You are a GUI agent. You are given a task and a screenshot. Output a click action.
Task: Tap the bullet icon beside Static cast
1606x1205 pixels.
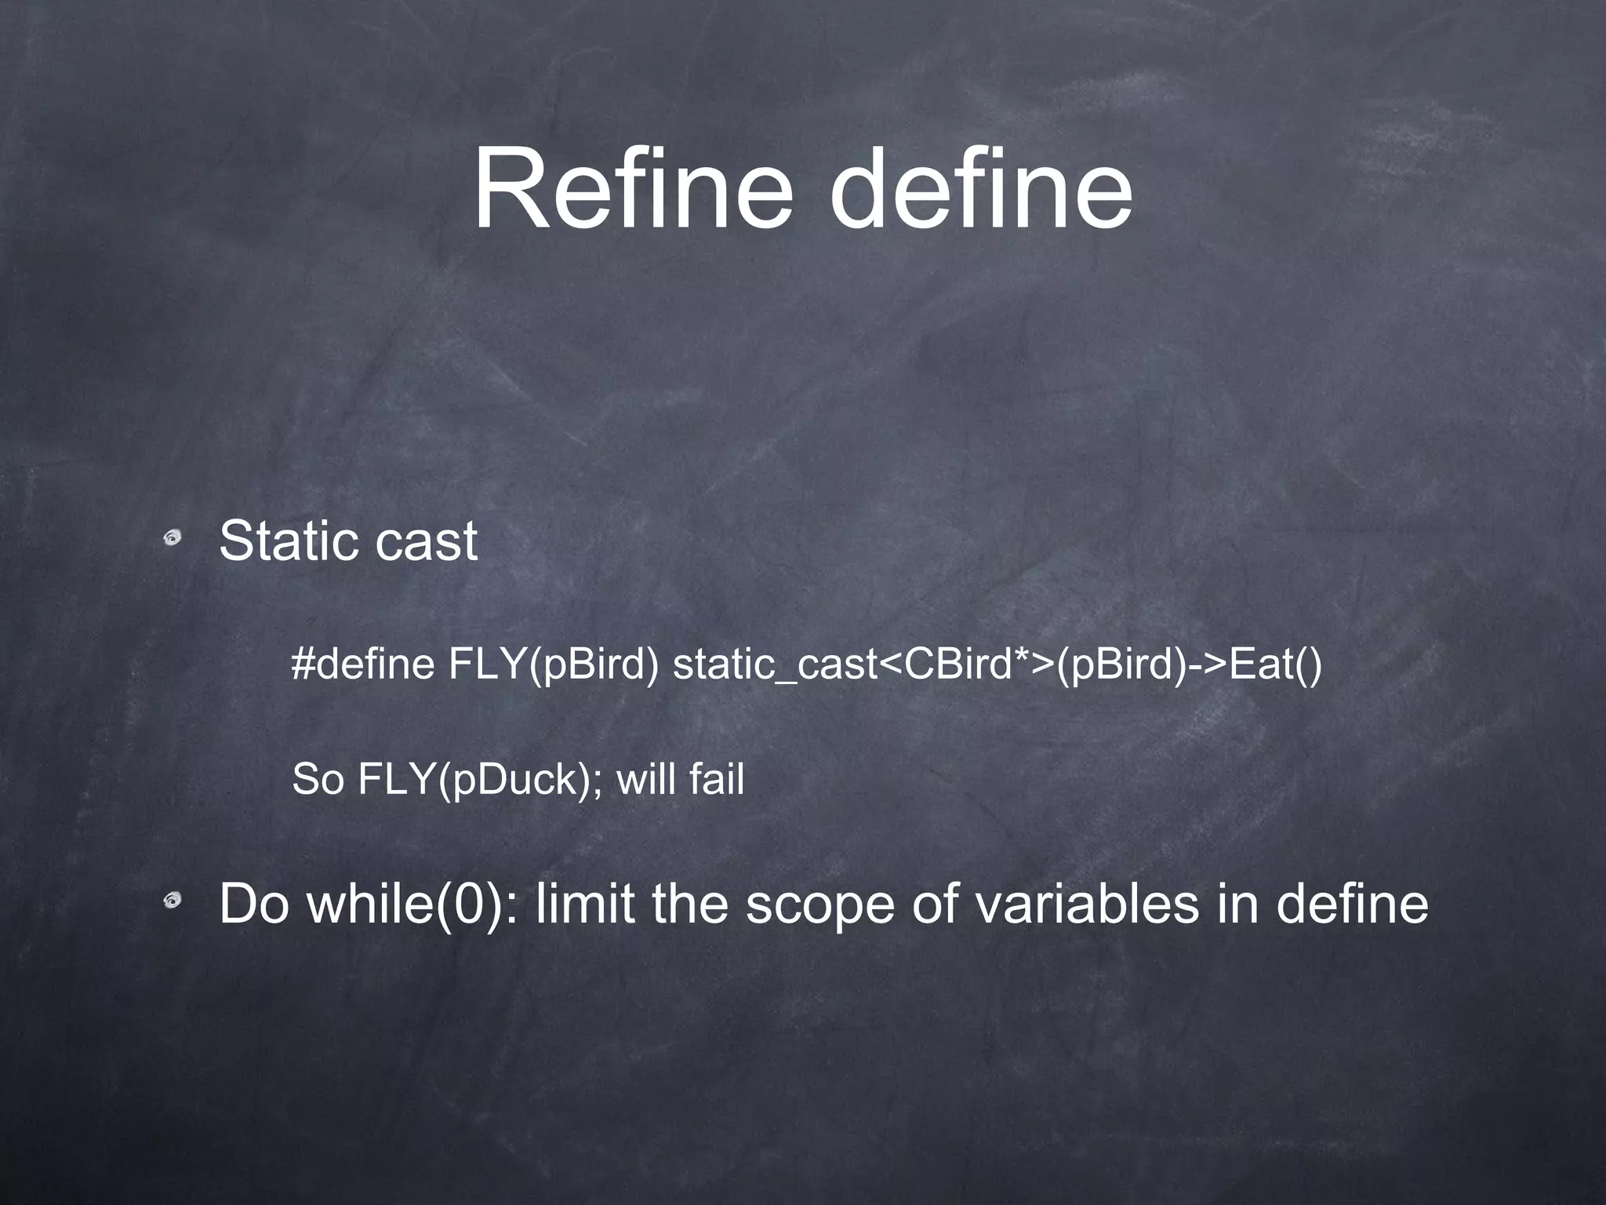pyautogui.click(x=173, y=538)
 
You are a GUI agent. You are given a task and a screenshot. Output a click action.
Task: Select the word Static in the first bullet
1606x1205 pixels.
pyautogui.click(x=282, y=541)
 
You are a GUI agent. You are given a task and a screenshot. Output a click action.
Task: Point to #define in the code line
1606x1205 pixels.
pyautogui.click(x=363, y=664)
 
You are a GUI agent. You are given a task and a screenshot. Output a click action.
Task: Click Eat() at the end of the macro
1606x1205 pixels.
pyautogui.click(x=1275, y=664)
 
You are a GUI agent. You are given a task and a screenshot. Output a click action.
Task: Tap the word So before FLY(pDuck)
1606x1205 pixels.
pyautogui.click(x=318, y=780)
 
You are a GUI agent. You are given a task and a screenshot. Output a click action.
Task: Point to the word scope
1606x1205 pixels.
pyautogui.click(x=819, y=904)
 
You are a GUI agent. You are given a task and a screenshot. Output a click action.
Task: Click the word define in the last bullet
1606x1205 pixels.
pyautogui.click(x=1352, y=904)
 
